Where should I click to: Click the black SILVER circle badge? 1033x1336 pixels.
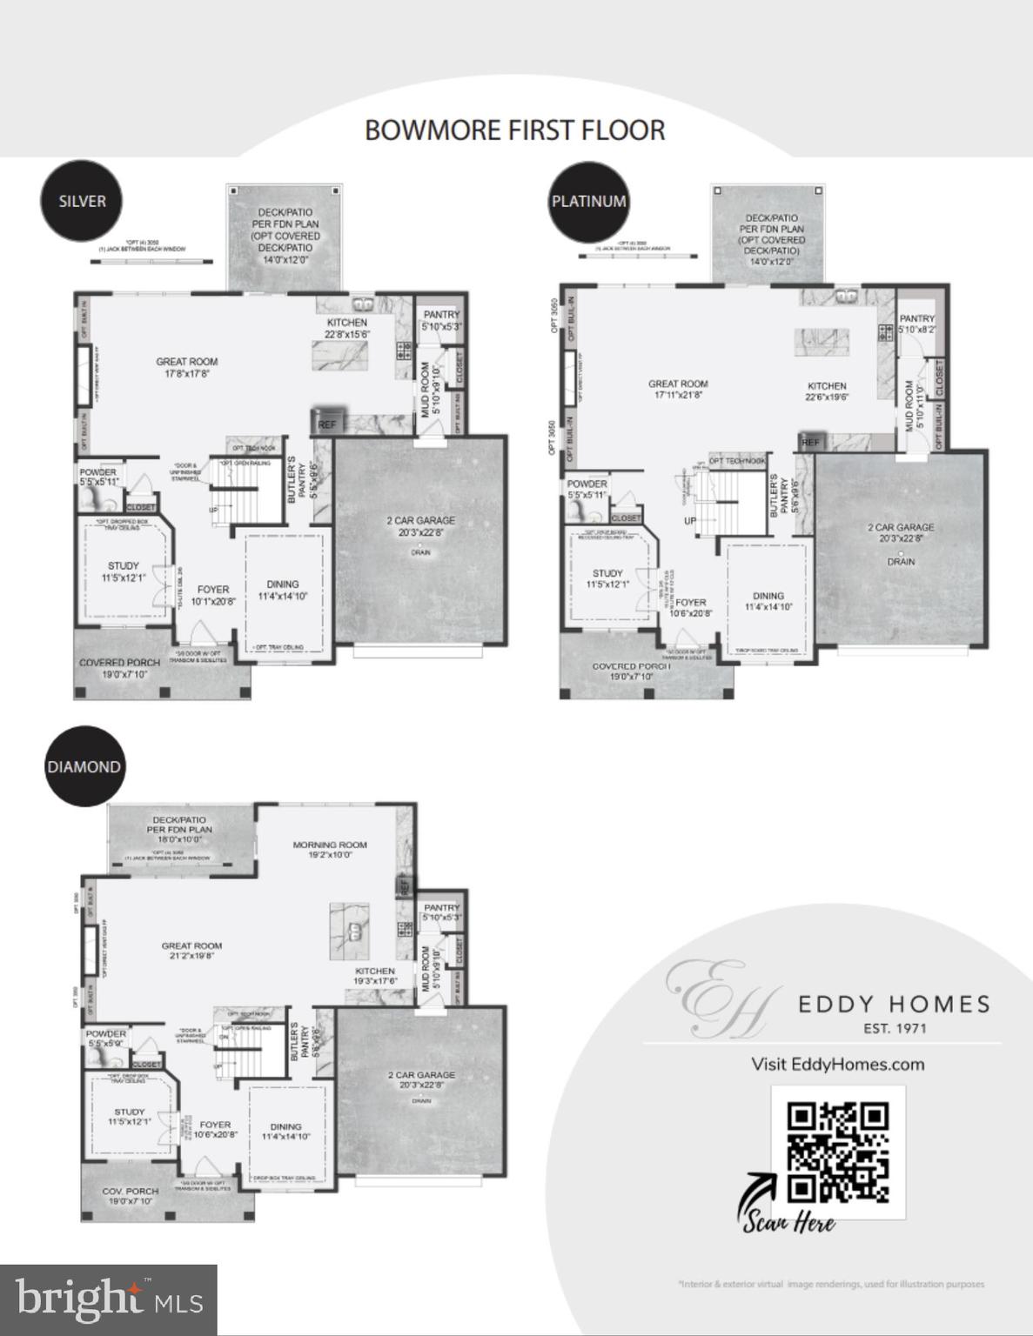[x=83, y=201]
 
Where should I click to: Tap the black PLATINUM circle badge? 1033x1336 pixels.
[x=589, y=201]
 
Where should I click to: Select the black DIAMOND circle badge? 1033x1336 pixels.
[x=84, y=766]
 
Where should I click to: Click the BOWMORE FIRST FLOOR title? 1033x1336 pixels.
[x=515, y=130]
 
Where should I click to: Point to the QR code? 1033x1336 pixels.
[x=837, y=1152]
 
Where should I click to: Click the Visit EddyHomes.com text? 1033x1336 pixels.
[x=837, y=1064]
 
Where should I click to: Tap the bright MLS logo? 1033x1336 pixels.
[x=108, y=1299]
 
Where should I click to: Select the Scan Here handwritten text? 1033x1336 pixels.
[x=788, y=1221]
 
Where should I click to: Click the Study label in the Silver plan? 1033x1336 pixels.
[x=124, y=566]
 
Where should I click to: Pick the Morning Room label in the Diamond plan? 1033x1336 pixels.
[x=330, y=845]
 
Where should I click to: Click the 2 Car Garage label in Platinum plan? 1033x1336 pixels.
[x=901, y=527]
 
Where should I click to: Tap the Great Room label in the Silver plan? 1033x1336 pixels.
[x=187, y=362]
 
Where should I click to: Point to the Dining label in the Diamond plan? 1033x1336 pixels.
[x=285, y=1126]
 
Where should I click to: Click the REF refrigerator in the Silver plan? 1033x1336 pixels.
[x=327, y=424]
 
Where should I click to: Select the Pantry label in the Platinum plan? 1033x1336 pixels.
[x=917, y=319]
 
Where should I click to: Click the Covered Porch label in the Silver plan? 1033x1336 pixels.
[x=119, y=663]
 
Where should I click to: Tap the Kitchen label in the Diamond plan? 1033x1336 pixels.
[x=375, y=971]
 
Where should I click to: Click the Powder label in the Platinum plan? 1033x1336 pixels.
[x=587, y=484]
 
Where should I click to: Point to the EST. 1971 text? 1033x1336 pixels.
[x=895, y=1028]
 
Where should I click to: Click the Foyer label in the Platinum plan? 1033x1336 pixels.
[x=692, y=602]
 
